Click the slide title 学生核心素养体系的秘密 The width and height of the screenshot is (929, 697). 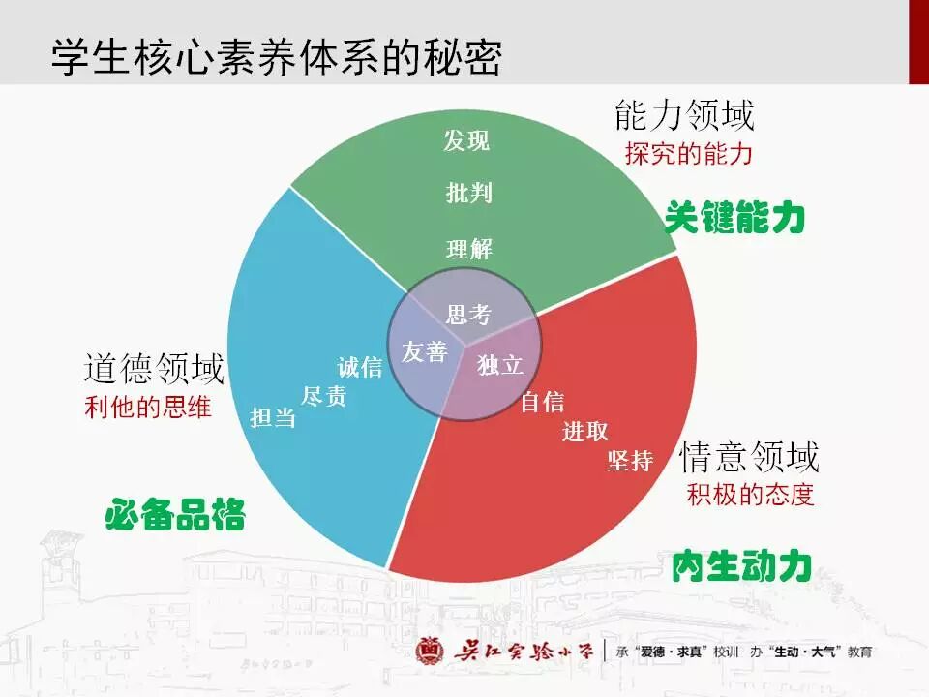click(277, 58)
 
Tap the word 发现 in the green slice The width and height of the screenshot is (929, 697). click(467, 141)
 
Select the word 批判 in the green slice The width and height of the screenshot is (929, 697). click(469, 194)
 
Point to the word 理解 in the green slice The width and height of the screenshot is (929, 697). click(469, 249)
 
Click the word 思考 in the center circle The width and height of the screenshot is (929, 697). click(469, 315)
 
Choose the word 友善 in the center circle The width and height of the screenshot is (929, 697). click(424, 352)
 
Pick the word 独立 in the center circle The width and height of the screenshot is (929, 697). click(500, 365)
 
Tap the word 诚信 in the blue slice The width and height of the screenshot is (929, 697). click(360, 368)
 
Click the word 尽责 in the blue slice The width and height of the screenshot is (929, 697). click(323, 396)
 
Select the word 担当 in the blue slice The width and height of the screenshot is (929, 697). click(273, 418)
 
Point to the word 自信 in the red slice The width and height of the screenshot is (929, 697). click(542, 402)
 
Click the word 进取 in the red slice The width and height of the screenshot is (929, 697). click(585, 432)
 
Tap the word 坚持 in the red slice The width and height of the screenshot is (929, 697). click(630, 461)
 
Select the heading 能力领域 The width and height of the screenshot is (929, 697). click(684, 117)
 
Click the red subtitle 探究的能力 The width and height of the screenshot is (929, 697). click(688, 154)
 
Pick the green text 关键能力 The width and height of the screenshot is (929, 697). click(735, 219)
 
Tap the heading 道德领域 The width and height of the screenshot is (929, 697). click(154, 369)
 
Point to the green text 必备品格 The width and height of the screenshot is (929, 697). click(175, 514)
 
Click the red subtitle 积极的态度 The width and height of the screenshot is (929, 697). click(750, 494)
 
